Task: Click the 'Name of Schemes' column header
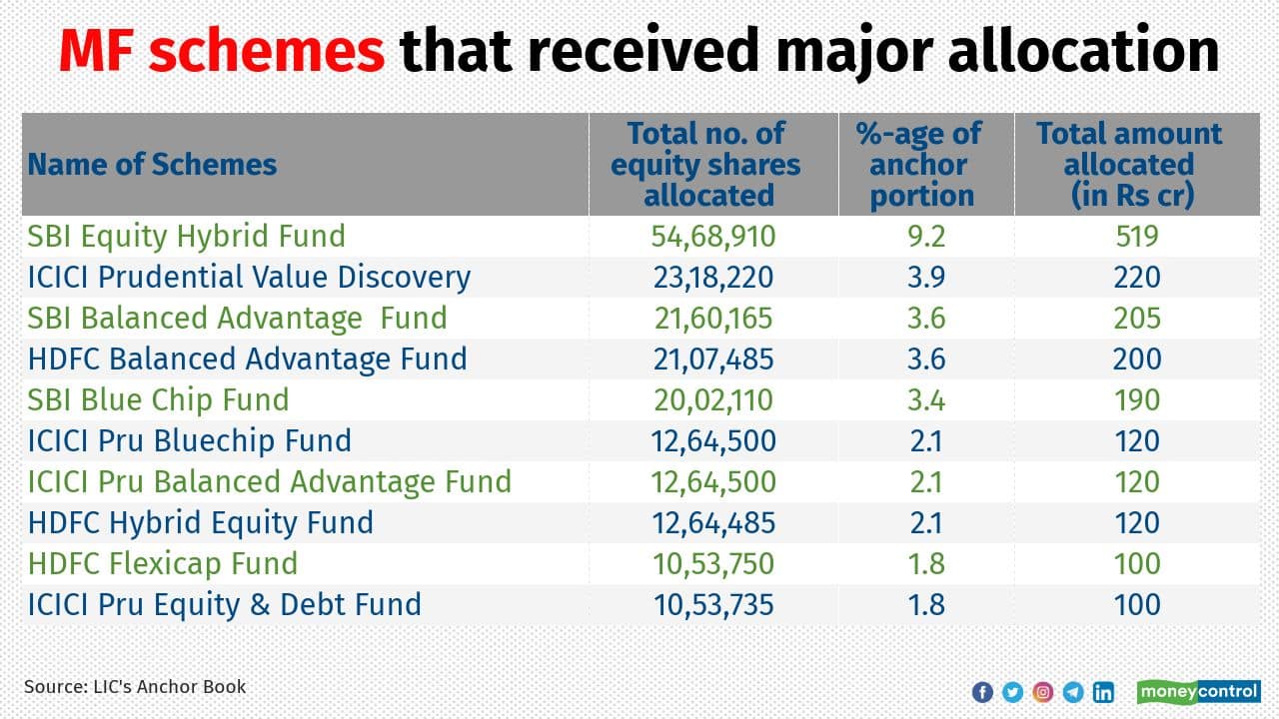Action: (x=152, y=165)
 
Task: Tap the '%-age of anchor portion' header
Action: (x=920, y=165)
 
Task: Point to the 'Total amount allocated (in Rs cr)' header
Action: (x=1129, y=165)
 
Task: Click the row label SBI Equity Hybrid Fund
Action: (x=187, y=237)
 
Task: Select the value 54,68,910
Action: (x=712, y=237)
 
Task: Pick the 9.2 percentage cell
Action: (x=926, y=237)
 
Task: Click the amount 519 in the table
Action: (x=1137, y=237)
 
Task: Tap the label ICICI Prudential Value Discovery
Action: (x=249, y=278)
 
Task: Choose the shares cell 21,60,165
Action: (x=712, y=319)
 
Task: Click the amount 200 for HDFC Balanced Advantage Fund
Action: (x=1137, y=359)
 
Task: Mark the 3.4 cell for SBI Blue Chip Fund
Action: (x=926, y=400)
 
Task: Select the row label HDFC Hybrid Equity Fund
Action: (x=201, y=523)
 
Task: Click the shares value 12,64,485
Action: (x=712, y=523)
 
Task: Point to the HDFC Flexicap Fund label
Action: (x=163, y=564)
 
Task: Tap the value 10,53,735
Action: (x=712, y=605)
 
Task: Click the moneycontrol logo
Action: (x=1198, y=691)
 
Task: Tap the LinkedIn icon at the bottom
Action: (x=1103, y=692)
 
